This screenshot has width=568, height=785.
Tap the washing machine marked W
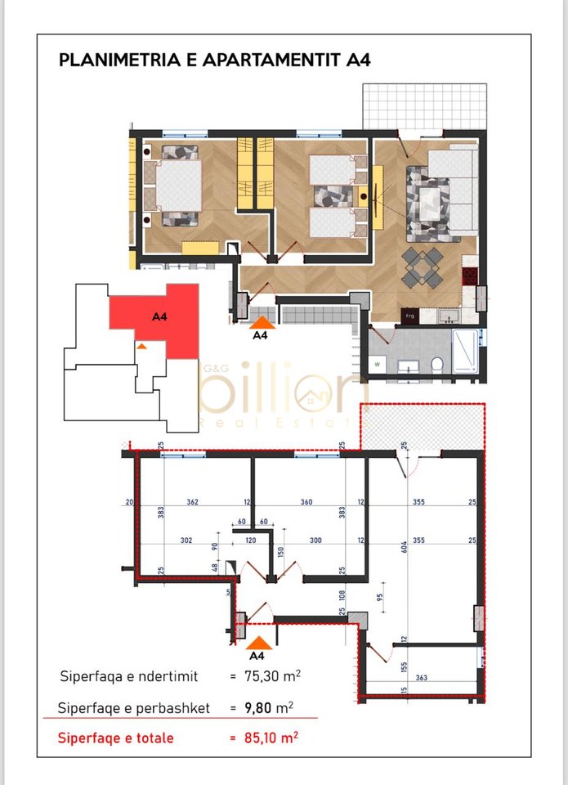pyautogui.click(x=378, y=363)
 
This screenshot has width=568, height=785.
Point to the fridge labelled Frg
pyautogui.click(x=409, y=314)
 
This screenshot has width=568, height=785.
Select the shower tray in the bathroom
pyautogui.click(x=465, y=351)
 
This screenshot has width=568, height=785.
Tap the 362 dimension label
pyautogui.click(x=193, y=502)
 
